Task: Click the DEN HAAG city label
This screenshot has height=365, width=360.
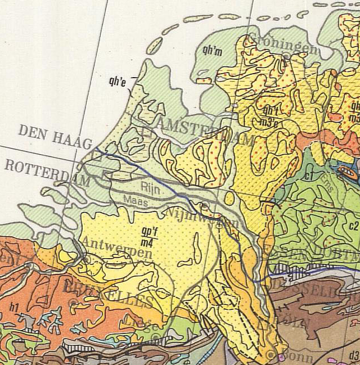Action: point(55,137)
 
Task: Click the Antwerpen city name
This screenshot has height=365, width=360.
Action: point(116,249)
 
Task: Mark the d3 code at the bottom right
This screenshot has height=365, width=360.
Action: point(353,355)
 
